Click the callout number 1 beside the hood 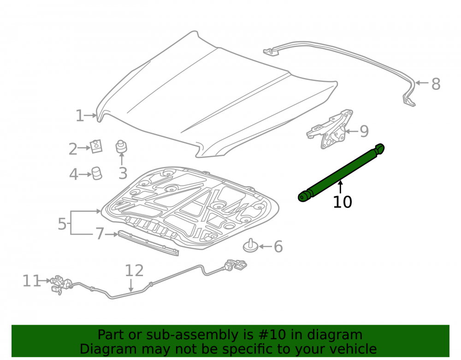[80, 116]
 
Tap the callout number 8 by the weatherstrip [436, 84]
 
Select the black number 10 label [342, 202]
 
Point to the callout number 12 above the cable [134, 271]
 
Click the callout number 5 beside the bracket [62, 224]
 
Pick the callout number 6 [278, 247]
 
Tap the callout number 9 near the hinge [364, 131]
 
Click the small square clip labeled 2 [96, 146]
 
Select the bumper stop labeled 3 [121, 147]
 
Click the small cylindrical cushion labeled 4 [97, 173]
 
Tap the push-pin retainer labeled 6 [250, 246]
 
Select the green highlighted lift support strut [341, 172]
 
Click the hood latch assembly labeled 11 [61, 284]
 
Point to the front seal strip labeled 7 [148, 243]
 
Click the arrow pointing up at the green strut [340, 187]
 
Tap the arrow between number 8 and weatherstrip [422, 83]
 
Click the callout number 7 [100, 234]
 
